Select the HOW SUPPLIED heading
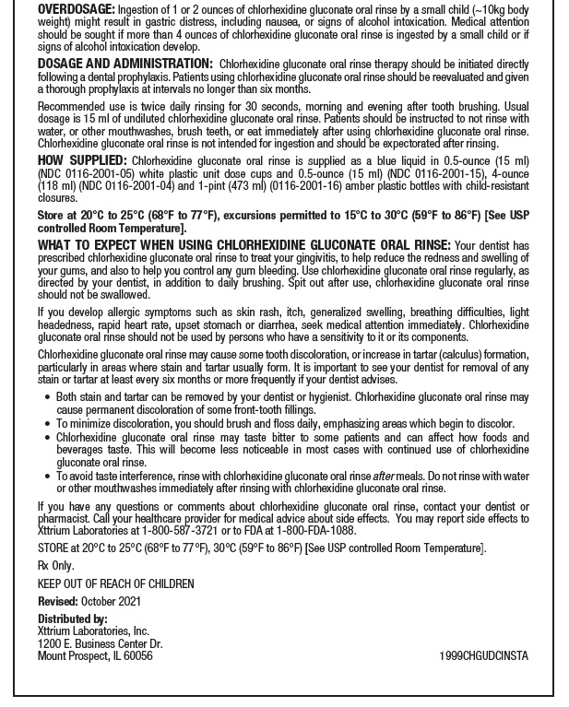(x=77, y=159)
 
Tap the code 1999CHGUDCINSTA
(x=484, y=656)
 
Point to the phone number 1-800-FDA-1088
(x=318, y=531)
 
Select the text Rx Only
(x=55, y=566)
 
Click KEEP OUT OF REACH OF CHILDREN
(x=115, y=584)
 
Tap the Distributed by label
(x=73, y=619)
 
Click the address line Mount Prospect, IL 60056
(x=95, y=656)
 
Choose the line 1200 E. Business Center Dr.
(x=100, y=643)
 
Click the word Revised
(x=57, y=601)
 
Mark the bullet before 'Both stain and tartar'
(x=47, y=397)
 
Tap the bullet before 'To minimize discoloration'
(x=47, y=424)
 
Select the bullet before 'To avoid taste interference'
(x=47, y=477)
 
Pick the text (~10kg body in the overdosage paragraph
(x=494, y=8)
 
